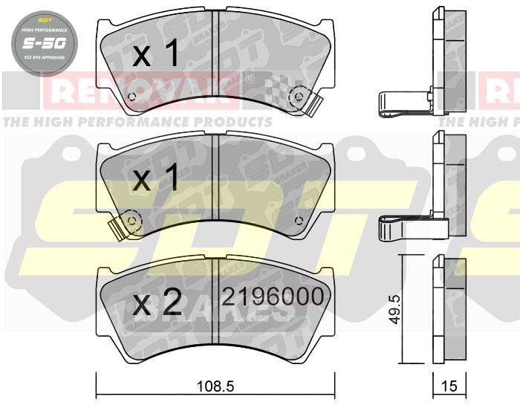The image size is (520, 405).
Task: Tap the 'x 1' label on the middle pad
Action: [155, 178]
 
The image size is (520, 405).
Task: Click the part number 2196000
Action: [273, 297]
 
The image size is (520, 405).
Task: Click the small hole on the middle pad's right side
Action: [298, 220]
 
